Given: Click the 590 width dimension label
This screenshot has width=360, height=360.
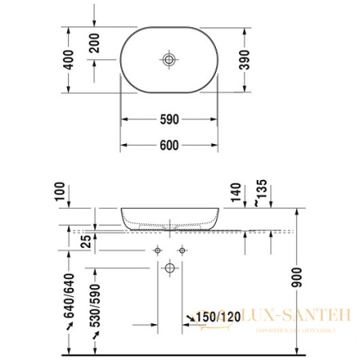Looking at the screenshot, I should pyautogui.click(x=168, y=119).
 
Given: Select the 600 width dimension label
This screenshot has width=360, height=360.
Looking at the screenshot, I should pyautogui.click(x=168, y=145).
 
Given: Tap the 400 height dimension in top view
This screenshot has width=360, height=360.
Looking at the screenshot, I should pyautogui.click(x=70, y=59).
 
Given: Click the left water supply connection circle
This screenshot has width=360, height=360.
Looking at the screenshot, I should pyautogui.click(x=157, y=250).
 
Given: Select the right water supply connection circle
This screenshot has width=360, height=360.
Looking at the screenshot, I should pyautogui.click(x=182, y=250).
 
